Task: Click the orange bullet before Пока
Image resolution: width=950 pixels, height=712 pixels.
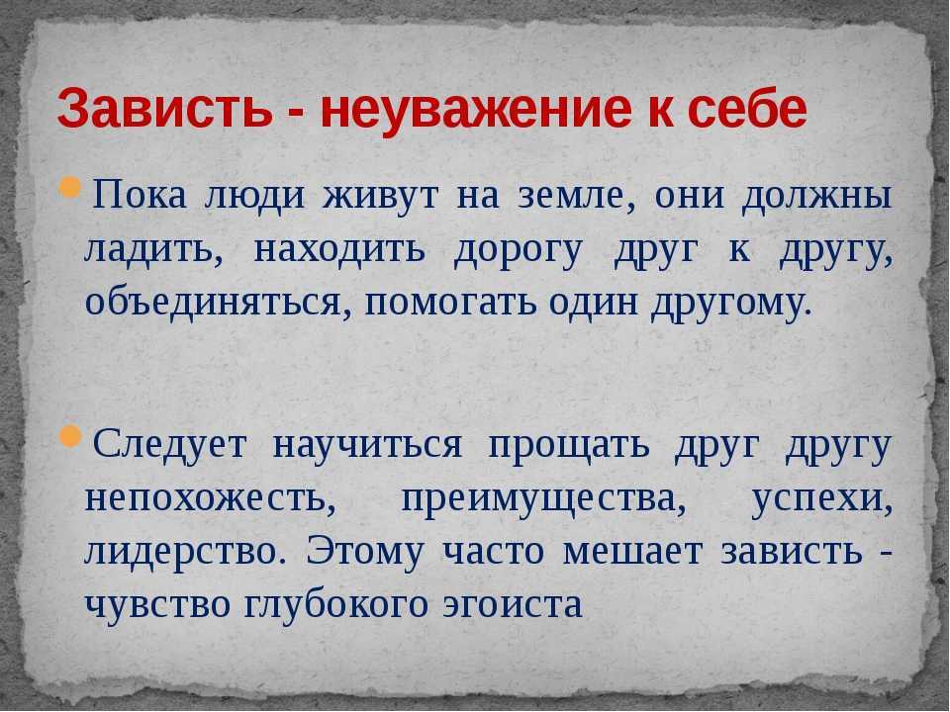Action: (70, 189)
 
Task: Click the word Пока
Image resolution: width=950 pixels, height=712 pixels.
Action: (140, 196)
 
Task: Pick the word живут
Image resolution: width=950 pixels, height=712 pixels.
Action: (379, 197)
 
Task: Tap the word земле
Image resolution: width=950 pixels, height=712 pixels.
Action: (571, 198)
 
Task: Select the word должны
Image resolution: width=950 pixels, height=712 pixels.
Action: (817, 198)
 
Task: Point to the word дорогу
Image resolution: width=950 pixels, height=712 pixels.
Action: (518, 252)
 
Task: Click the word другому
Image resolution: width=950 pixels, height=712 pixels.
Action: (730, 304)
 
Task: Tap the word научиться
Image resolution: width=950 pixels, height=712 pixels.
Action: (367, 446)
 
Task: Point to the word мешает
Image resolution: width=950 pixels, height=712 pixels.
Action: (633, 553)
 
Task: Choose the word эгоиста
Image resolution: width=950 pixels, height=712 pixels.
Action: (513, 605)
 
